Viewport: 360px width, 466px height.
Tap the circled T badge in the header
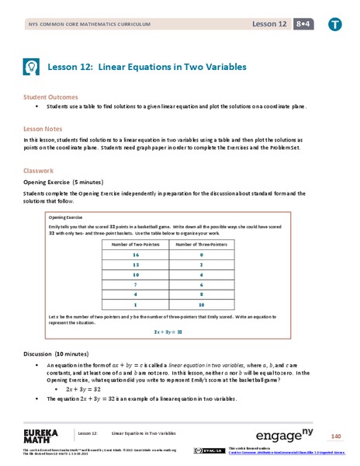[335, 23]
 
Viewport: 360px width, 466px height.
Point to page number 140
[336, 435]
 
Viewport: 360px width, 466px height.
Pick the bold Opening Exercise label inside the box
[66, 218]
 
